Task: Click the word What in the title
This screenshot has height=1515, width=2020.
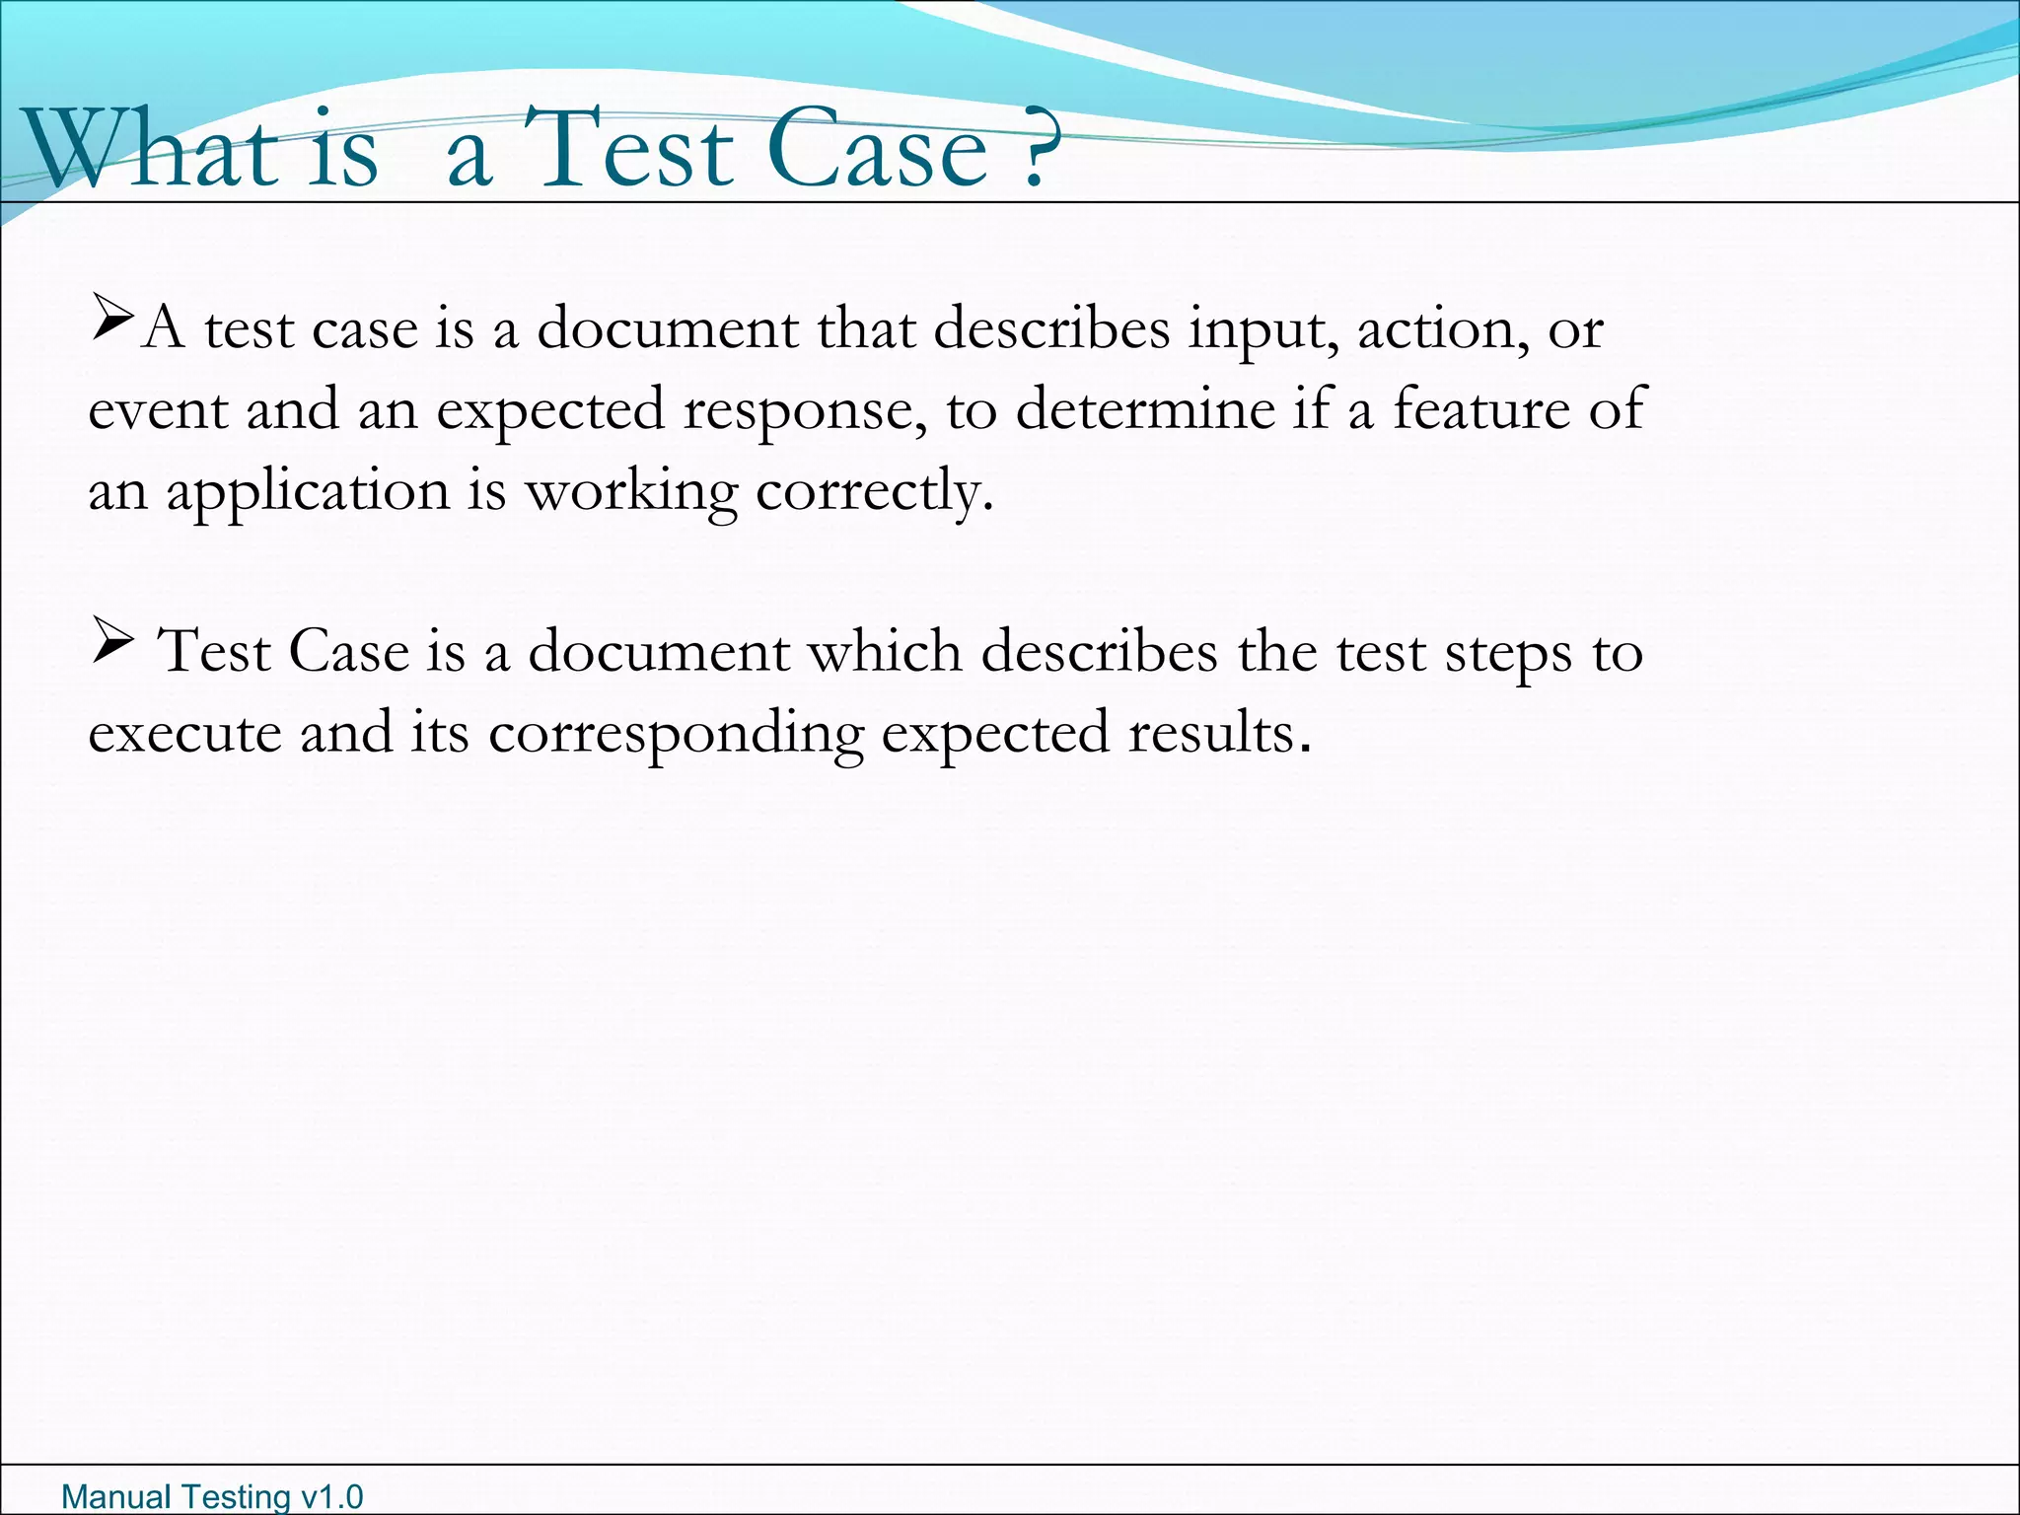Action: (x=148, y=148)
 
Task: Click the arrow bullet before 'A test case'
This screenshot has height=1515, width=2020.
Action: (x=112, y=320)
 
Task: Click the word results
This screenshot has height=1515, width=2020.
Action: (x=1219, y=734)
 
